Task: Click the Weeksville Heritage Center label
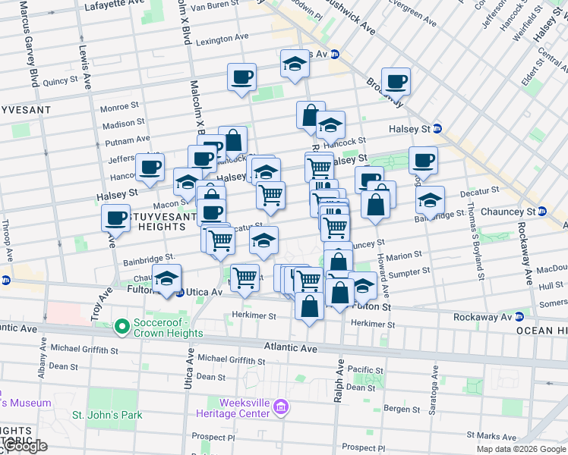pos(233,408)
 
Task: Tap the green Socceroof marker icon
pos(121,327)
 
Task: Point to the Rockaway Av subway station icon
pos(520,317)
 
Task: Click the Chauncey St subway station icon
pos(542,212)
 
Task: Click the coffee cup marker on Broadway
pos(396,81)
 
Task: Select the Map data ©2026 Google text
pos(521,449)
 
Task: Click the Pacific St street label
pos(368,369)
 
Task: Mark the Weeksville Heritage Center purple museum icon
pos(281,407)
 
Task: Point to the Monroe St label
pos(119,107)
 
